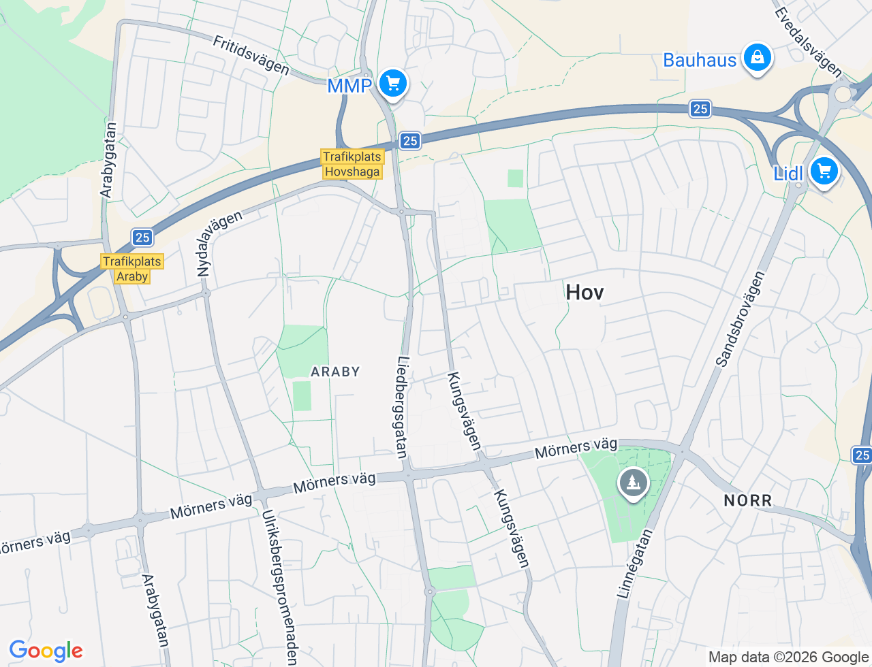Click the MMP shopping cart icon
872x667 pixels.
click(x=393, y=84)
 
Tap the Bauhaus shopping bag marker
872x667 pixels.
click(x=757, y=59)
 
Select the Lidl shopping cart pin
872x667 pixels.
click(x=824, y=172)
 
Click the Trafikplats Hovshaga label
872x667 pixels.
click(x=352, y=164)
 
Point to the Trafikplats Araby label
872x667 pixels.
click(x=132, y=269)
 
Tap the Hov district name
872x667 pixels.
click(x=585, y=293)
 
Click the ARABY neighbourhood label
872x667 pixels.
click(x=335, y=372)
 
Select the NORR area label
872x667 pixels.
click(x=748, y=501)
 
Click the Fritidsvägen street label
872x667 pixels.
click(x=251, y=54)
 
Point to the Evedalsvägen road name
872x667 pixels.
click(x=808, y=42)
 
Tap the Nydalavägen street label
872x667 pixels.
click(x=219, y=244)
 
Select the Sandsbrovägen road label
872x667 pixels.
click(x=741, y=319)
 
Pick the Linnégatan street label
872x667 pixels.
click(x=634, y=564)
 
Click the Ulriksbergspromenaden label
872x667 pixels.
click(x=279, y=587)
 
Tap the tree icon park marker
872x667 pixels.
click(x=634, y=484)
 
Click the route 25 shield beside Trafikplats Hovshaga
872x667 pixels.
click(x=409, y=141)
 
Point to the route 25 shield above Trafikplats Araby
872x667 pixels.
click(x=142, y=238)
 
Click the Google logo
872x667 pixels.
click(x=46, y=651)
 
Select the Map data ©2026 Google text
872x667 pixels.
click(x=788, y=657)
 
